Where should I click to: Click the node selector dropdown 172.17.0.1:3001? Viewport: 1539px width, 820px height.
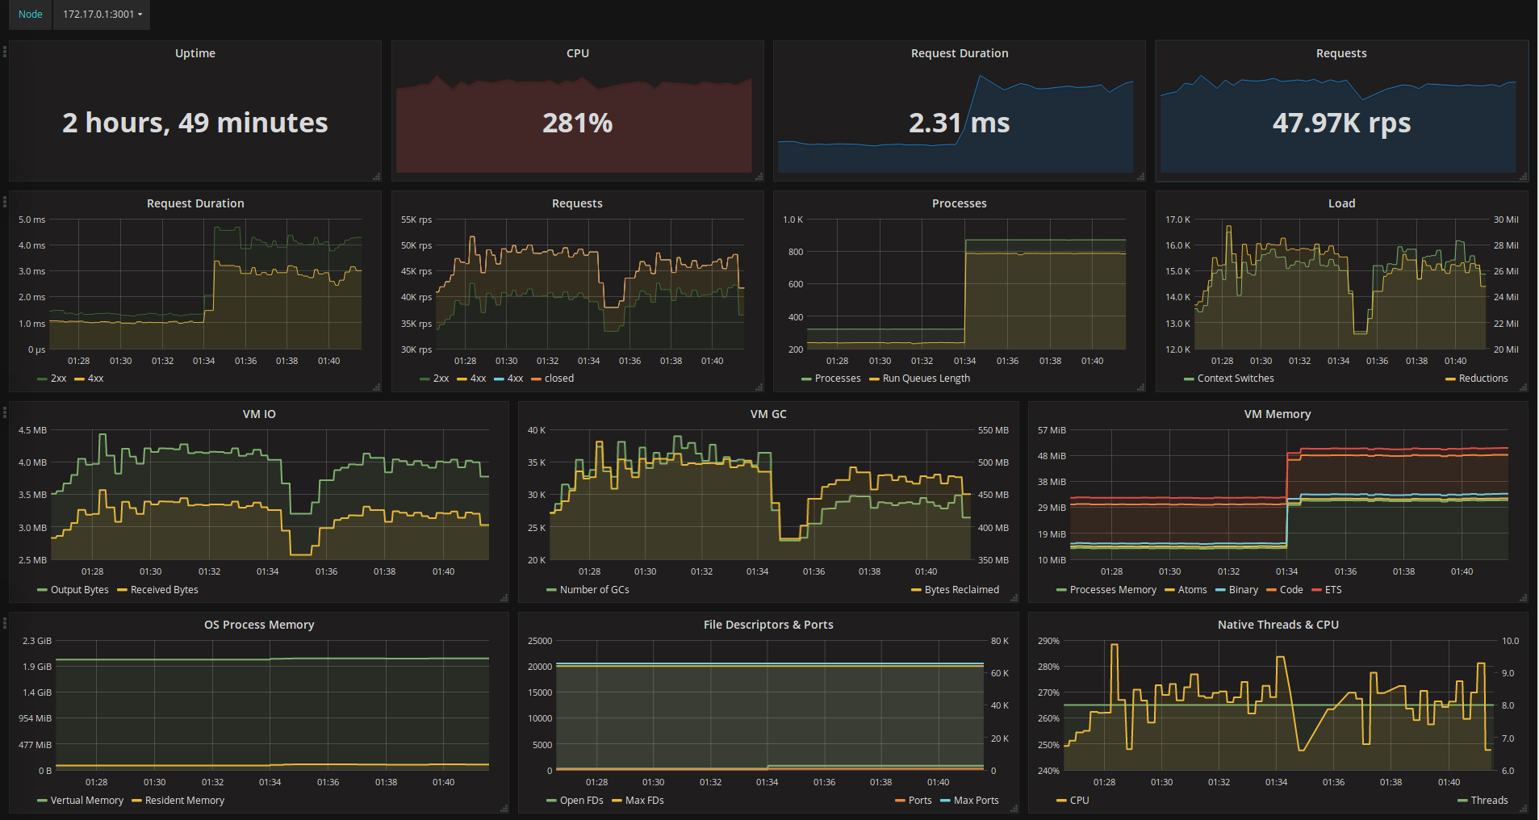coord(102,15)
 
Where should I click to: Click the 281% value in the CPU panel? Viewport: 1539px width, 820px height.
coord(577,123)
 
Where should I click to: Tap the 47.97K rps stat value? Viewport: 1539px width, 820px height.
coord(1341,123)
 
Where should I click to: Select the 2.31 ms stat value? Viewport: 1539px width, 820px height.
coord(959,123)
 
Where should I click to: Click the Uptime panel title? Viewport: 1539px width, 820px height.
coord(195,53)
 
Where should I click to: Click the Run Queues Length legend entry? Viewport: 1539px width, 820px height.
coord(926,379)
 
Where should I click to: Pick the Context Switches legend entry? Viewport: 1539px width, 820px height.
coord(1235,379)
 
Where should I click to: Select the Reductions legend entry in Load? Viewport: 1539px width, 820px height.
coord(1483,379)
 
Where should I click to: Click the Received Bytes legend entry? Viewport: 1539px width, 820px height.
coord(164,590)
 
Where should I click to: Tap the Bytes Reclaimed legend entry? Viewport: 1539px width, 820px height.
coord(961,590)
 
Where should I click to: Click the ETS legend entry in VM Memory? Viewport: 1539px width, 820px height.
coord(1332,590)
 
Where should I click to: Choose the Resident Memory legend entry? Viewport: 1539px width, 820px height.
coord(184,801)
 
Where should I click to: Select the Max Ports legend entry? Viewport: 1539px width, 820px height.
coord(976,801)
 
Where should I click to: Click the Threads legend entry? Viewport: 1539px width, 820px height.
coord(1488,801)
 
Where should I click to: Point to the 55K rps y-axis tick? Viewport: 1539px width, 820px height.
coord(416,220)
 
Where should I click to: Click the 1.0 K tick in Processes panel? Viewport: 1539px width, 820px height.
coord(793,220)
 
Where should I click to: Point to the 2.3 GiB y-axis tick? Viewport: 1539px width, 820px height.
coord(37,641)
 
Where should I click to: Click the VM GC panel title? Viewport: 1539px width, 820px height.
coord(768,414)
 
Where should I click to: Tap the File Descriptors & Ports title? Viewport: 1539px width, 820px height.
coord(768,625)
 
